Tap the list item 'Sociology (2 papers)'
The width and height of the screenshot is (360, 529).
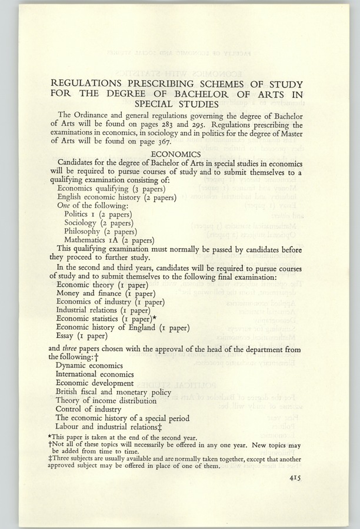click(x=99, y=223)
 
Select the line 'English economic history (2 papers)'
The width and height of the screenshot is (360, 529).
click(x=116, y=197)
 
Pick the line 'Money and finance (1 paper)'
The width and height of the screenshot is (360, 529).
click(x=106, y=293)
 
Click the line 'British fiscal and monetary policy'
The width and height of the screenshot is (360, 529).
click(x=114, y=391)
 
